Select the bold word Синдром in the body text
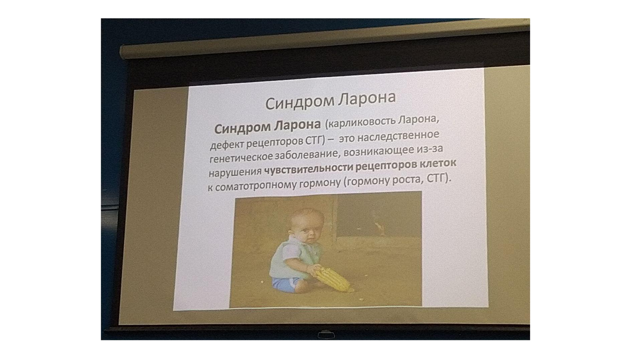[242, 128]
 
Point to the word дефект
[227, 144]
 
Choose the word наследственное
[398, 136]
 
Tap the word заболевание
[308, 154]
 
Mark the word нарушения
[235, 172]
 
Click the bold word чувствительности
[309, 169]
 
